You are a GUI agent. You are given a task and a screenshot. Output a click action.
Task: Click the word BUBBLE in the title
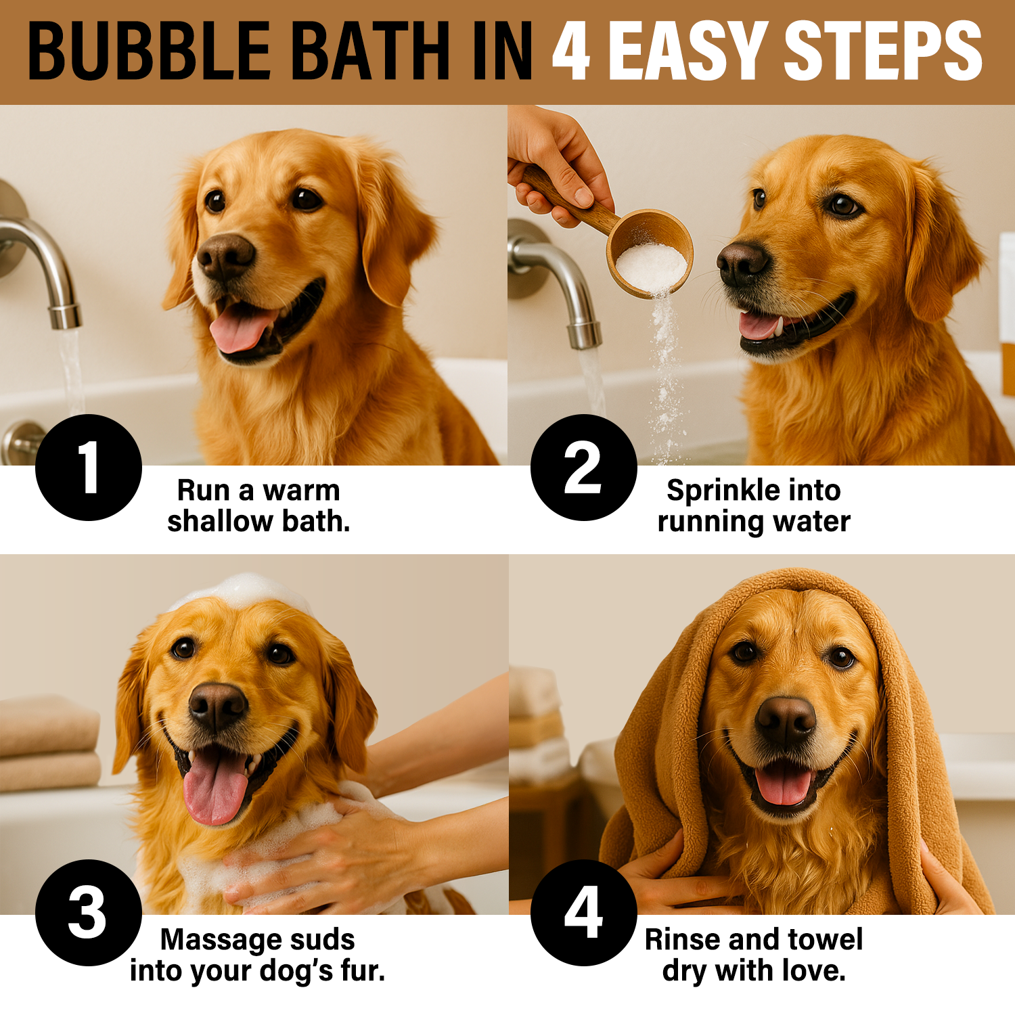[150, 51]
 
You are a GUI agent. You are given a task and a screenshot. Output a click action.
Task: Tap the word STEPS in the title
[883, 51]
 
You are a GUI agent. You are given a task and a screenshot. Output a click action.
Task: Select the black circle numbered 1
[89, 468]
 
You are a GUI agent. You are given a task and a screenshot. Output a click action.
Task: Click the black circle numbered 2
[584, 468]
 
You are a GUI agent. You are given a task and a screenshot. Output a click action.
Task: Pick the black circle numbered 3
[89, 913]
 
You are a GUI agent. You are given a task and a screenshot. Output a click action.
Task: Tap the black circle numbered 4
[584, 913]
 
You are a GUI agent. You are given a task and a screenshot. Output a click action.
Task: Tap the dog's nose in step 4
[786, 720]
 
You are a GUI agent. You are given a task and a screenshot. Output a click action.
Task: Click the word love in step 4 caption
[813, 970]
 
